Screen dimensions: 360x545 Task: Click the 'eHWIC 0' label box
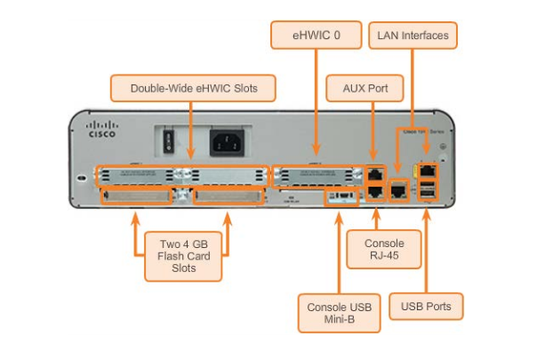tap(317, 36)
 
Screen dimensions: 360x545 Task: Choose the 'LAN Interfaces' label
tap(412, 36)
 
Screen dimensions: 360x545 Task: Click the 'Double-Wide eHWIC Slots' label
tap(192, 88)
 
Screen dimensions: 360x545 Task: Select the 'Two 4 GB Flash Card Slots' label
tap(184, 255)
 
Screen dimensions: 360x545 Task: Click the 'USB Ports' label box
tap(426, 307)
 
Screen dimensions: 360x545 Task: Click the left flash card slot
tap(138, 195)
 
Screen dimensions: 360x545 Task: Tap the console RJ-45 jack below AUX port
tap(375, 190)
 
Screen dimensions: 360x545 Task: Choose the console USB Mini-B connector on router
tap(340, 195)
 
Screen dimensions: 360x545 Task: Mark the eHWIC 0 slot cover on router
tap(317, 173)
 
